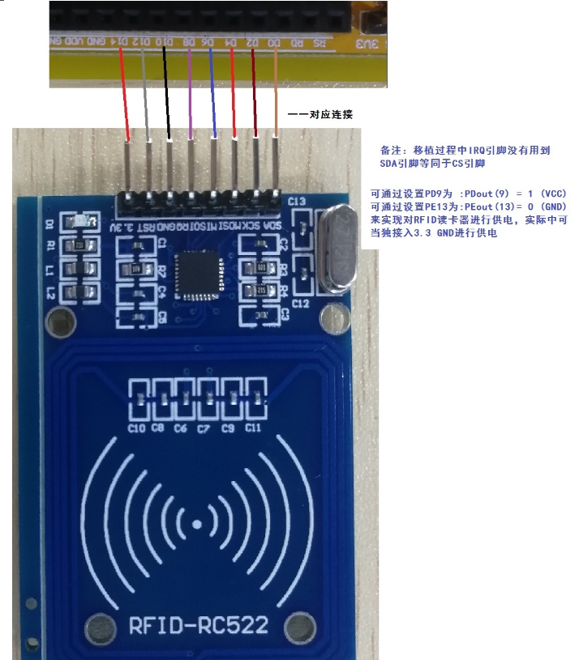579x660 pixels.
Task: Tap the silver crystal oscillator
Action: [337, 248]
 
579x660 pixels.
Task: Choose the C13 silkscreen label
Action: [297, 201]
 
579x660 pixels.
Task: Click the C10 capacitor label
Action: [136, 428]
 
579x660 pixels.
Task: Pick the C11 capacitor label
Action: [253, 428]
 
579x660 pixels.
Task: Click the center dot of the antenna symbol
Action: [198, 525]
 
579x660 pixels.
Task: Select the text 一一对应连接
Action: [320, 115]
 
